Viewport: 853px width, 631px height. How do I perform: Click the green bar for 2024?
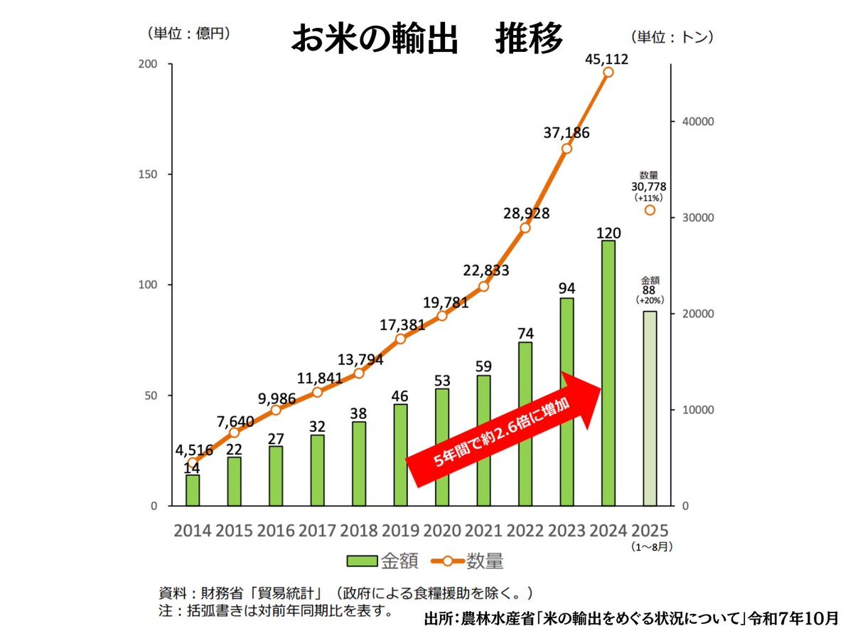(x=608, y=373)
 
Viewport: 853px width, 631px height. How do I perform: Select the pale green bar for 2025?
(x=650, y=408)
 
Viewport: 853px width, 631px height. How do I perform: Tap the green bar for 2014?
(x=193, y=490)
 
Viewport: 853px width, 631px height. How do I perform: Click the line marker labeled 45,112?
(x=608, y=72)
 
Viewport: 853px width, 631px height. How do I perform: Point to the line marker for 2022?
(x=525, y=228)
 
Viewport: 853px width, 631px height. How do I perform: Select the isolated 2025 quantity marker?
(x=650, y=210)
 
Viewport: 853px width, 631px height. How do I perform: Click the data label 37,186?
(x=567, y=132)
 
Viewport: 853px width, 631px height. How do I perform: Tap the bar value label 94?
(x=567, y=288)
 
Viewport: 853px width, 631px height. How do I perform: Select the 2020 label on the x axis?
(x=442, y=531)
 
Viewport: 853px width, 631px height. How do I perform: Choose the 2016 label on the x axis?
(x=276, y=531)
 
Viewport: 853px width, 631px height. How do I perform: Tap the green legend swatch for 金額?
(x=367, y=561)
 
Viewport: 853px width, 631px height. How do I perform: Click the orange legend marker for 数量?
(x=447, y=561)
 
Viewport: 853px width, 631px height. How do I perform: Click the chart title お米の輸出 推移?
(x=426, y=37)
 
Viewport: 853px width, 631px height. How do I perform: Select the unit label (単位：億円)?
(x=188, y=33)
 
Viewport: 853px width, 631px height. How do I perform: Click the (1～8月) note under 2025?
(x=650, y=547)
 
